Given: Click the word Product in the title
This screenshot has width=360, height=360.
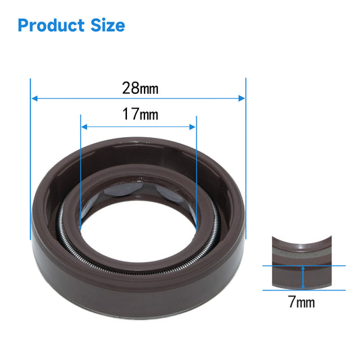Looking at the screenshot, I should [51, 25].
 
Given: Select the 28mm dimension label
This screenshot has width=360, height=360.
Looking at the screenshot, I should [140, 88].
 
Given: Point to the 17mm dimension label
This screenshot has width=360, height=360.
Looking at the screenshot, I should [140, 114].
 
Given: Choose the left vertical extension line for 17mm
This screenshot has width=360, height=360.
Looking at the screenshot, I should [80, 176].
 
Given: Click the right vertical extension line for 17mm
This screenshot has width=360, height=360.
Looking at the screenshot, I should [196, 176].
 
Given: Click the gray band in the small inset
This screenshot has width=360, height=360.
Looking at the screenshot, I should [303, 253].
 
